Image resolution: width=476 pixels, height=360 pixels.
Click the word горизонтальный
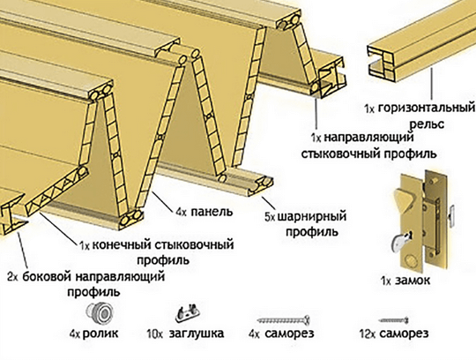coord(427,109)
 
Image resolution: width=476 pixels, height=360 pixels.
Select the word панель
coord(212,212)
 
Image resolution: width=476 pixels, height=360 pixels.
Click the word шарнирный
coord(312,216)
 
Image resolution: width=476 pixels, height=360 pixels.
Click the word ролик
coord(100,334)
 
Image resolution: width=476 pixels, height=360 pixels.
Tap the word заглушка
coord(197,334)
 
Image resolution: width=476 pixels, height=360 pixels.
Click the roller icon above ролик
coord(100,313)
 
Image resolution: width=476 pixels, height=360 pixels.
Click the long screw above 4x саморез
coord(284,320)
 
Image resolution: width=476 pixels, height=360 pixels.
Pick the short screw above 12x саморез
coord(393,320)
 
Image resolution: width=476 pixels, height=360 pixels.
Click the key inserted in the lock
coord(401,241)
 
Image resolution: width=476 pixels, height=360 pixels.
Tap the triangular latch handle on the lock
coord(405,199)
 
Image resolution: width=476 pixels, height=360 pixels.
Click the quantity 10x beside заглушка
coord(155,334)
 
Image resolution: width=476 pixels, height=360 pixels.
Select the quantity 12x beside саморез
coord(368,334)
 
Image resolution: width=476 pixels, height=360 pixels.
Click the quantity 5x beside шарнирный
coord(271,217)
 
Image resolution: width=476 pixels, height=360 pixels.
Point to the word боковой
coord(47,277)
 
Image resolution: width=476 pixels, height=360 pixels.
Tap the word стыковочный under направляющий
coord(335,154)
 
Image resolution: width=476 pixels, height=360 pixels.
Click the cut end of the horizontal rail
coord(382,64)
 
